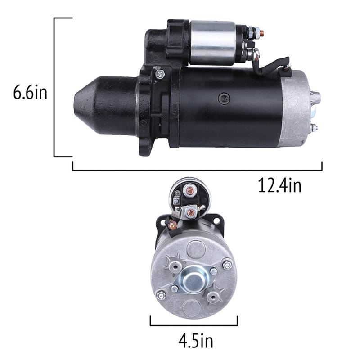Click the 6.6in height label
pyautogui.click(x=30, y=92)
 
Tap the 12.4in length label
pyautogui.click(x=279, y=186)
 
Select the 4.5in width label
pyautogui.click(x=196, y=342)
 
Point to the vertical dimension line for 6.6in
pyautogui.click(x=54, y=87)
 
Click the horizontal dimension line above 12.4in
pyautogui.click(x=197, y=171)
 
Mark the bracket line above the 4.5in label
pyautogui.click(x=194, y=325)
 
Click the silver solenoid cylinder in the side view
pyautogui.click(x=213, y=42)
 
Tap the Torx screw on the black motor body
pyautogui.click(x=224, y=99)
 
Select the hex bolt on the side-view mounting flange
pyautogui.click(x=159, y=74)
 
